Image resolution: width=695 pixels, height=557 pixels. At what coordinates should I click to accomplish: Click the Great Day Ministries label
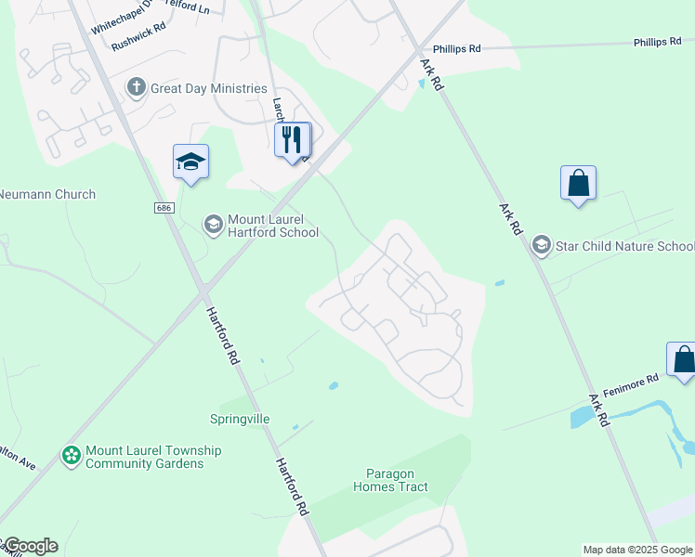[x=209, y=88]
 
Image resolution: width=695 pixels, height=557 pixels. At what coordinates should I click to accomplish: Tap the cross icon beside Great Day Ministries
[x=137, y=88]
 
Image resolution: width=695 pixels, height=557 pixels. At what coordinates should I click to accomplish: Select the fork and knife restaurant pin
[x=294, y=140]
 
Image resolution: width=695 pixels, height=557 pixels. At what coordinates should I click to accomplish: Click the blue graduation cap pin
[x=191, y=162]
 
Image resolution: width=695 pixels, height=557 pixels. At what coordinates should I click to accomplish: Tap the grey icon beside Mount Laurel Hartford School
[x=213, y=224]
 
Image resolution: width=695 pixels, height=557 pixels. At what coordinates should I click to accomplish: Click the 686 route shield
[x=164, y=208]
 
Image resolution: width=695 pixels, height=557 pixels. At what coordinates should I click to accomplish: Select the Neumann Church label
[x=46, y=195]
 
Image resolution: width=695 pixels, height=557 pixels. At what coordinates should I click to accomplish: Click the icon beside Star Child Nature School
[x=541, y=245]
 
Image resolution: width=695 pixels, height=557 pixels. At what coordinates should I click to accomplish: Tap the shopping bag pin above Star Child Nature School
[x=578, y=184]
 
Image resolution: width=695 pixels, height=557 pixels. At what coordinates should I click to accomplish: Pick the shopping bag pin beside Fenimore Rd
[x=683, y=360]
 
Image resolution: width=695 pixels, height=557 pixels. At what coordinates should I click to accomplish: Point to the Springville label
[x=240, y=419]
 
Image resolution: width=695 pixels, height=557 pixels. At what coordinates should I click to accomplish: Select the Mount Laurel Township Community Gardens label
[x=153, y=457]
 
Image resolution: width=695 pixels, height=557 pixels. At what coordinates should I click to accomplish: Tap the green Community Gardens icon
[x=71, y=456]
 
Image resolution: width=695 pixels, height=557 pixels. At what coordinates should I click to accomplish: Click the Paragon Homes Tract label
[x=390, y=480]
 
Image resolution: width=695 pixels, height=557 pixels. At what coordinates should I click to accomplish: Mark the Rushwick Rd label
[x=138, y=42]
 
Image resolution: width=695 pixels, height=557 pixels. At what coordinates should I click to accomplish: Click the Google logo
[x=30, y=546]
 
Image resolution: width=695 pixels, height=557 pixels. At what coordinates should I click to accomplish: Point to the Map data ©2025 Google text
[x=638, y=550]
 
